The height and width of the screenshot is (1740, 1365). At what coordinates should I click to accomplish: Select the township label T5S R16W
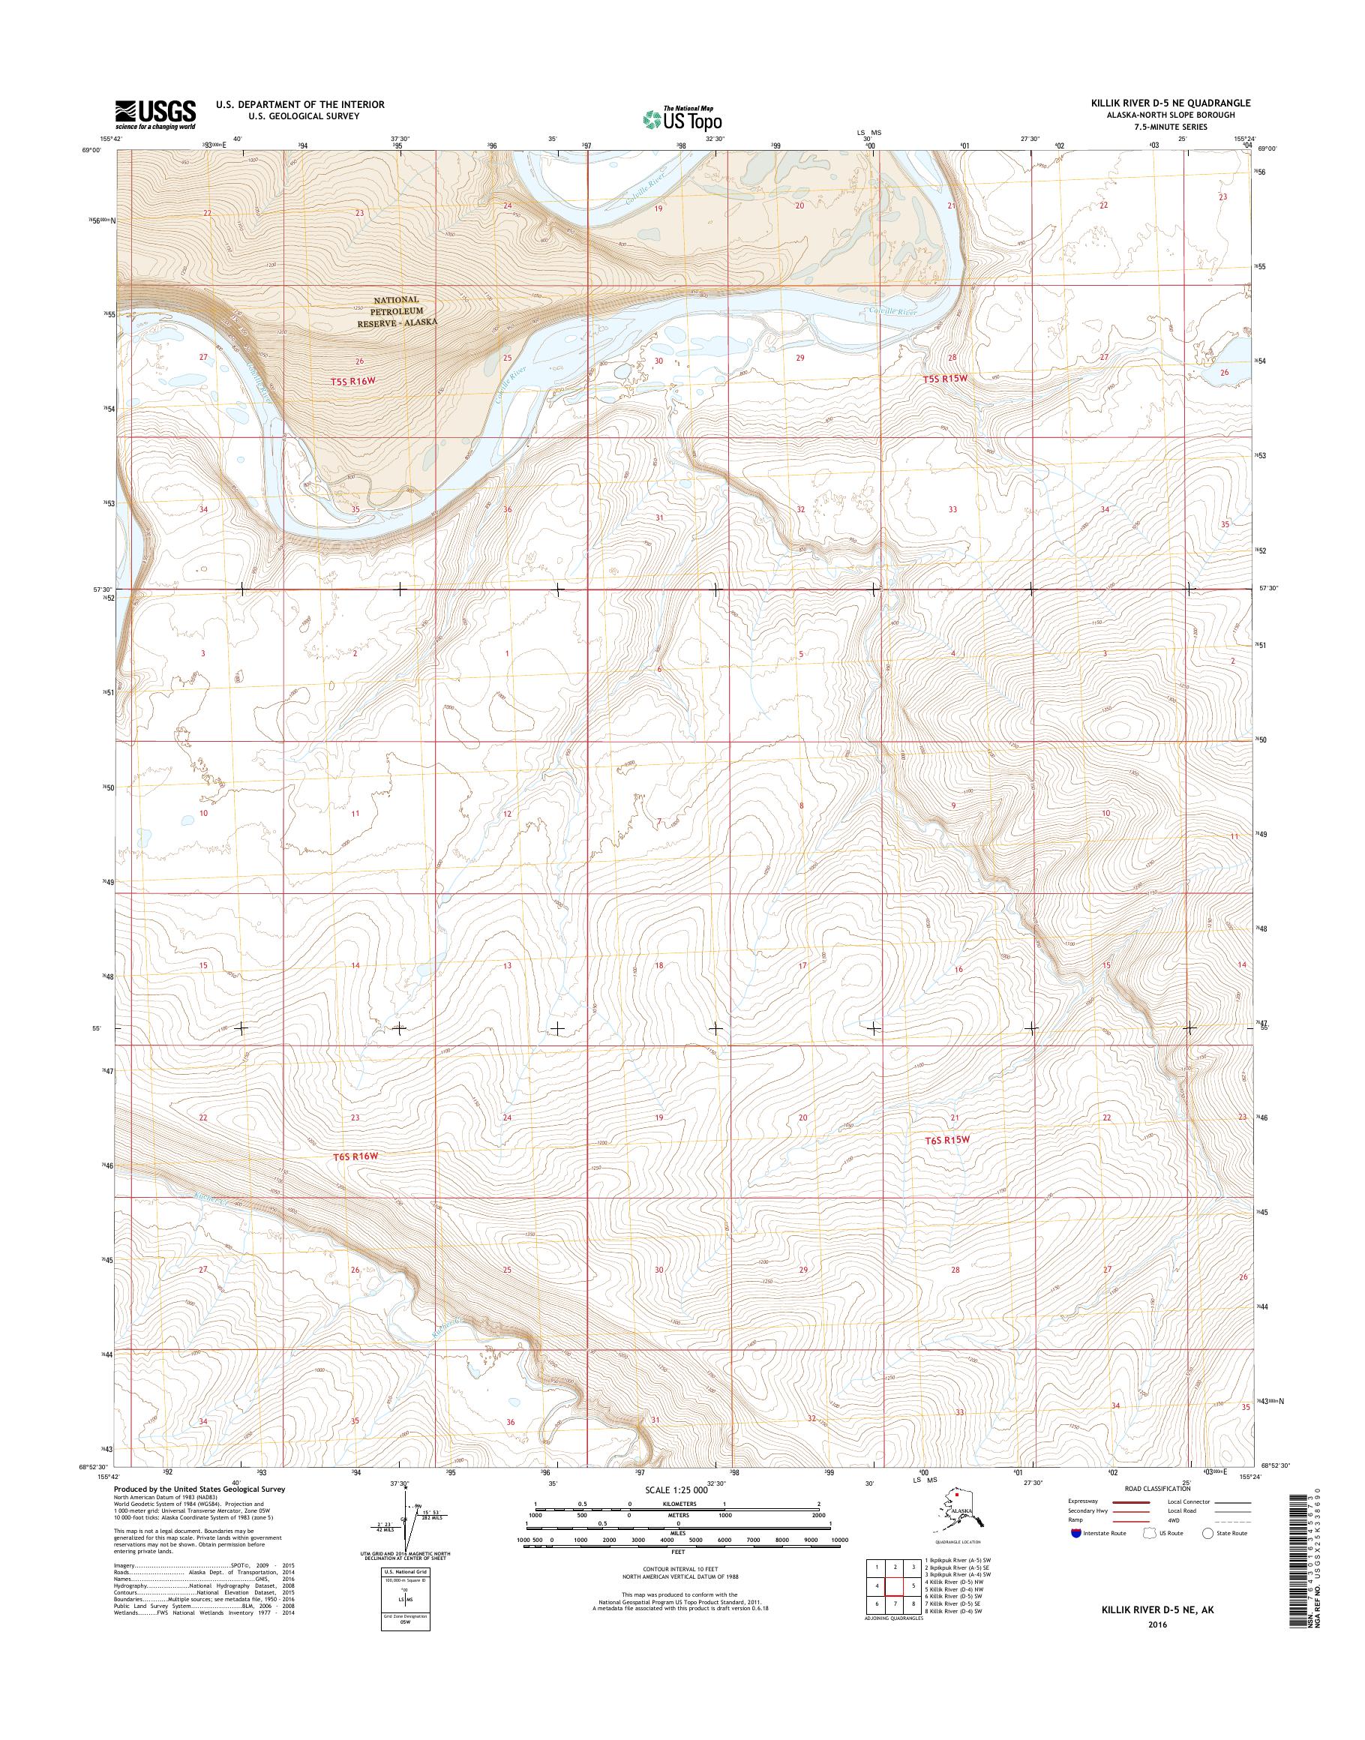click(352, 381)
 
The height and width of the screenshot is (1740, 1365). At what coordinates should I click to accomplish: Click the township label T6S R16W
click(354, 1156)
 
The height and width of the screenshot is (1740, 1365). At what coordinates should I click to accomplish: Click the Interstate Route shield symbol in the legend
click(1075, 1533)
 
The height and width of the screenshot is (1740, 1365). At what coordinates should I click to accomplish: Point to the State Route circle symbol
click(1207, 1533)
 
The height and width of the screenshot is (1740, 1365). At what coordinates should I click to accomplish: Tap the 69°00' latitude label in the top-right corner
click(1265, 148)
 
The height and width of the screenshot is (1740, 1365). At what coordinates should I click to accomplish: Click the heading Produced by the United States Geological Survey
click(199, 1489)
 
